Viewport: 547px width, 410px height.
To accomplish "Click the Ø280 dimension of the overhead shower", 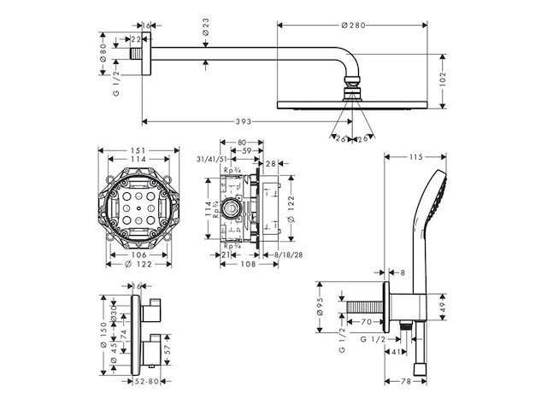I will (352, 26).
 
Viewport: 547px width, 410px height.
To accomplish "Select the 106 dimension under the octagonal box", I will (138, 254).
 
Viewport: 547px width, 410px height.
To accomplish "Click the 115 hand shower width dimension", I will (416, 156).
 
